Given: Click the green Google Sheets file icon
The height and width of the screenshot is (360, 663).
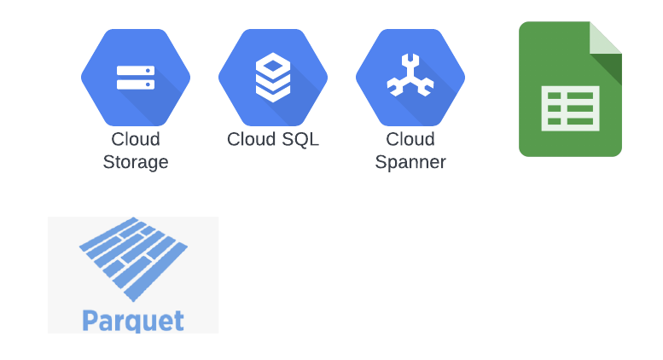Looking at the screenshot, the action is pos(570,89).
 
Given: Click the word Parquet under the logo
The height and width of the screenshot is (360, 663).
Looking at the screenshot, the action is pos(133,322).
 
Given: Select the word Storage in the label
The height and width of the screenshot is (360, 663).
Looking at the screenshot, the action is pos(136,162).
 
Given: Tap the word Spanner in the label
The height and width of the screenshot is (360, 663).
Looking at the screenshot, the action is pos(410,162).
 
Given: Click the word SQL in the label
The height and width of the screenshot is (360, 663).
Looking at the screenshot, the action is pos(300,139).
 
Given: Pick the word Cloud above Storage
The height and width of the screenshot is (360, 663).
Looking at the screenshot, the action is pos(136,139).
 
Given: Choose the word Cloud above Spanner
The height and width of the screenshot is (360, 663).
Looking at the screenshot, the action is pos(410,139).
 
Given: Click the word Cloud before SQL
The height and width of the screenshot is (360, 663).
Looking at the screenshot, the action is pos(251,139).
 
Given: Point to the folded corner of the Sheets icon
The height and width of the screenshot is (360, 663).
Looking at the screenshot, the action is pos(606,38).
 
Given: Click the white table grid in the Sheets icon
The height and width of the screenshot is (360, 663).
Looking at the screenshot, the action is pos(570,108).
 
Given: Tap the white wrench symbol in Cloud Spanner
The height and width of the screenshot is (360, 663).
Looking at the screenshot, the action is pos(410,77).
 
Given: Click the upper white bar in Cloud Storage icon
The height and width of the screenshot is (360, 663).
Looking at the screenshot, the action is pos(136,71).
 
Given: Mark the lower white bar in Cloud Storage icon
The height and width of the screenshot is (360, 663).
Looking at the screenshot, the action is pos(136,84).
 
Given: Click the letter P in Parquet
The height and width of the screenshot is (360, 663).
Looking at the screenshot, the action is pos(89,320).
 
